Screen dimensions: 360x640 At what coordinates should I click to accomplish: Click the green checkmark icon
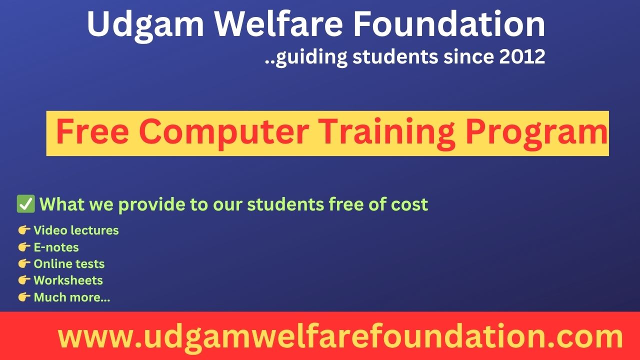[x=25, y=204]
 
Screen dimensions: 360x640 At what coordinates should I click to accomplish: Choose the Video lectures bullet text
[x=76, y=230]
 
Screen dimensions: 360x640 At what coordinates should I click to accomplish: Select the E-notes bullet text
[x=56, y=247]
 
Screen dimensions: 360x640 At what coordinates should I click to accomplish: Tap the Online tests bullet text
[x=69, y=263]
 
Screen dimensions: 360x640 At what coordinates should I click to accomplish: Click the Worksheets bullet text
[x=68, y=280]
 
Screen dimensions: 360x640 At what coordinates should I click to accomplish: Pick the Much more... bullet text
[x=72, y=297]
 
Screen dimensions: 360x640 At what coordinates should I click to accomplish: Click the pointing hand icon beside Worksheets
[x=24, y=280]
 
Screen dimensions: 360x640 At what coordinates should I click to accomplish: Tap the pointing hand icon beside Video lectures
[x=24, y=230]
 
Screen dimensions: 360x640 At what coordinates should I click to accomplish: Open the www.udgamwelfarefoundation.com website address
[x=340, y=337]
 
